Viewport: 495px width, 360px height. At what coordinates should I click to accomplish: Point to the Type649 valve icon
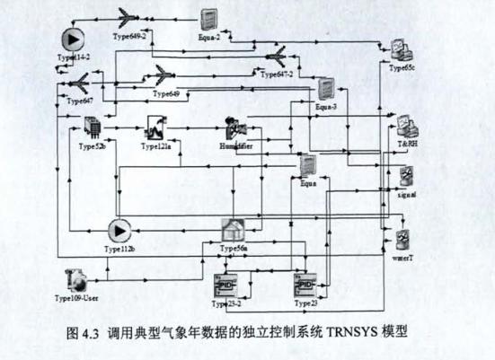tap(164, 75)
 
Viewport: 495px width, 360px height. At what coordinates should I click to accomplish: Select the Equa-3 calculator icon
tap(325, 90)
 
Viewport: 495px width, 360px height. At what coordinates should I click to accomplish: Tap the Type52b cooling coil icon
tap(92, 127)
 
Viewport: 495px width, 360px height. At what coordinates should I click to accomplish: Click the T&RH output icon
tap(405, 127)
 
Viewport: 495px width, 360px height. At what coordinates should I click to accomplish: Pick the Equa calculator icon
tap(307, 165)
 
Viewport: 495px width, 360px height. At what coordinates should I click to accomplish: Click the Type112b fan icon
tap(117, 231)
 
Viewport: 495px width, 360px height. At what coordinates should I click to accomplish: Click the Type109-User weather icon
tap(78, 279)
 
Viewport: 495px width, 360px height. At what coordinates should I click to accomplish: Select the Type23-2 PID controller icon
tap(223, 286)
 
